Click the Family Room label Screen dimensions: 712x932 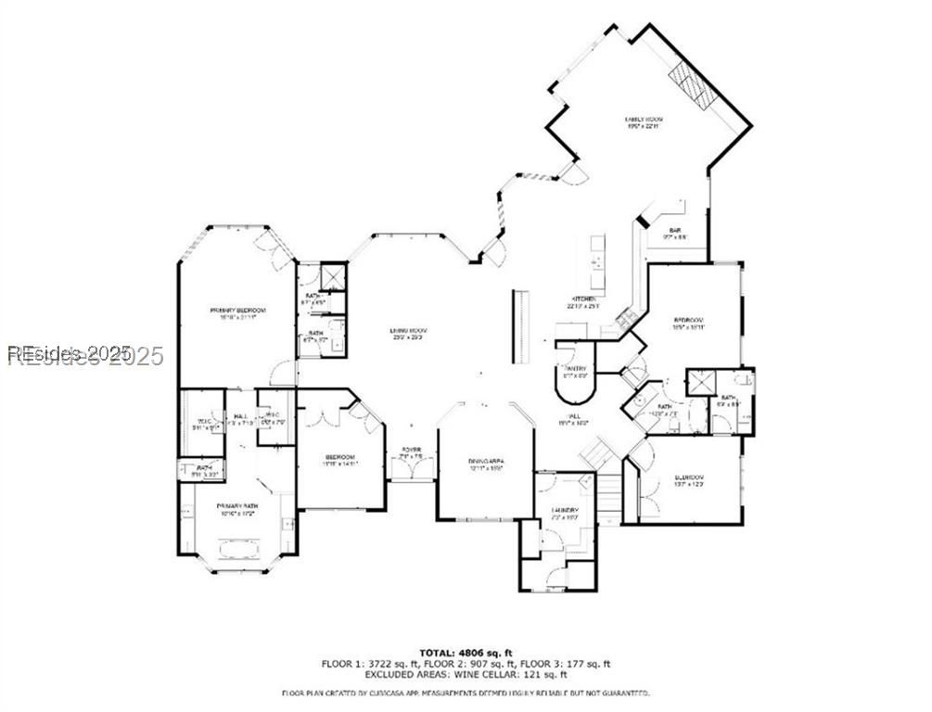pos(643,120)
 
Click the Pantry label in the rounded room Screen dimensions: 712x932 pos(578,370)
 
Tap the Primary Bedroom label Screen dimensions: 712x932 pos(237,311)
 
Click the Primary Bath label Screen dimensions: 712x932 pos(236,506)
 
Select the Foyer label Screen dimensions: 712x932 pos(411,451)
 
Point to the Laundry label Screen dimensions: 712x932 pos(566,510)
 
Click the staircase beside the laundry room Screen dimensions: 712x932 pos(607,501)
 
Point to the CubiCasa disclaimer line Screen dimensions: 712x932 pos(466,693)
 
